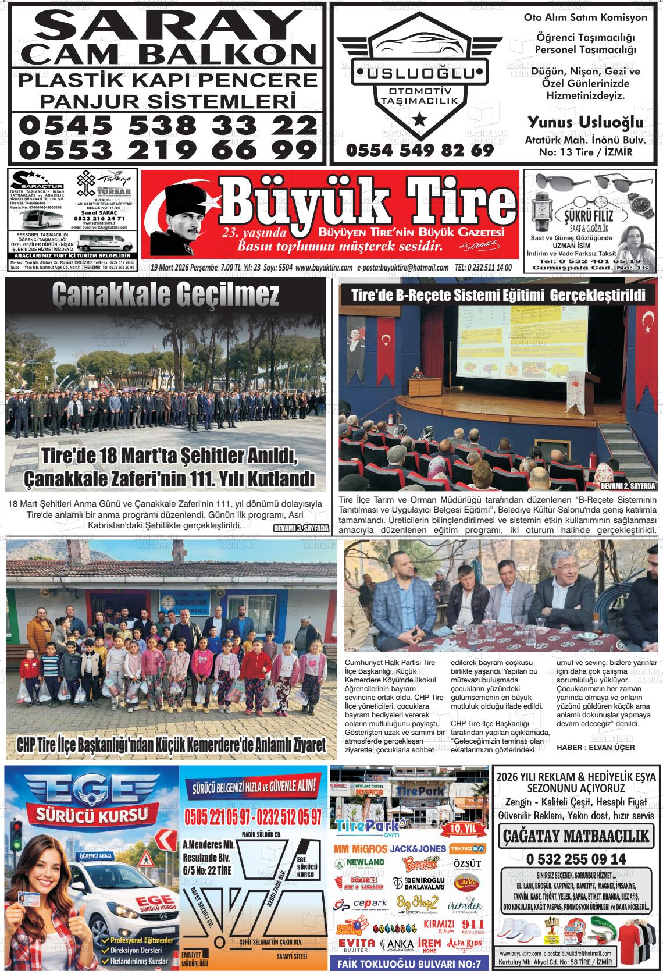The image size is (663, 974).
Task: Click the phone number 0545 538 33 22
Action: tap(167, 124)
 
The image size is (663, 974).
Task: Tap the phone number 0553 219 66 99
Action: tap(167, 150)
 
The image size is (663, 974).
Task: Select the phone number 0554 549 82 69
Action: tap(419, 151)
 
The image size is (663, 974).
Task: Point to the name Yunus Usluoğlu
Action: tap(585, 122)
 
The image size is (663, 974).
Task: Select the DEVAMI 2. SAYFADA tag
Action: tap(628, 486)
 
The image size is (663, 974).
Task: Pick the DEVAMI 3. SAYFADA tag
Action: tap(301, 528)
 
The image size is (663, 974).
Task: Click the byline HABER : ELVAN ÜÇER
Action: tap(596, 747)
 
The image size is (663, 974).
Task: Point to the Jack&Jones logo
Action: tap(418, 849)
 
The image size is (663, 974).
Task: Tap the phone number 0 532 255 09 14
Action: tap(576, 859)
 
